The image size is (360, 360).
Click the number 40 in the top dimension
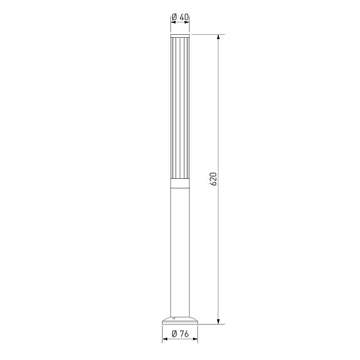[184, 17]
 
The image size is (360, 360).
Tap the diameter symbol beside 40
[174, 17]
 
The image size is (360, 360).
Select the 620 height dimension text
[213, 179]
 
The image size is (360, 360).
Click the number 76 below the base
[184, 334]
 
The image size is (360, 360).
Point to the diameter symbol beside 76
[174, 334]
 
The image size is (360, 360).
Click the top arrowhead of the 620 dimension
[218, 37]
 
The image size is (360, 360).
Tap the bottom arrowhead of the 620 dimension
[218, 322]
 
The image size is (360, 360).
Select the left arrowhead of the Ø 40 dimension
[173, 22]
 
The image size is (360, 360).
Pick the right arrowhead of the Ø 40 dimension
[187, 22]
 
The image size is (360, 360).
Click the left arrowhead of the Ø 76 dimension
[165, 339]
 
